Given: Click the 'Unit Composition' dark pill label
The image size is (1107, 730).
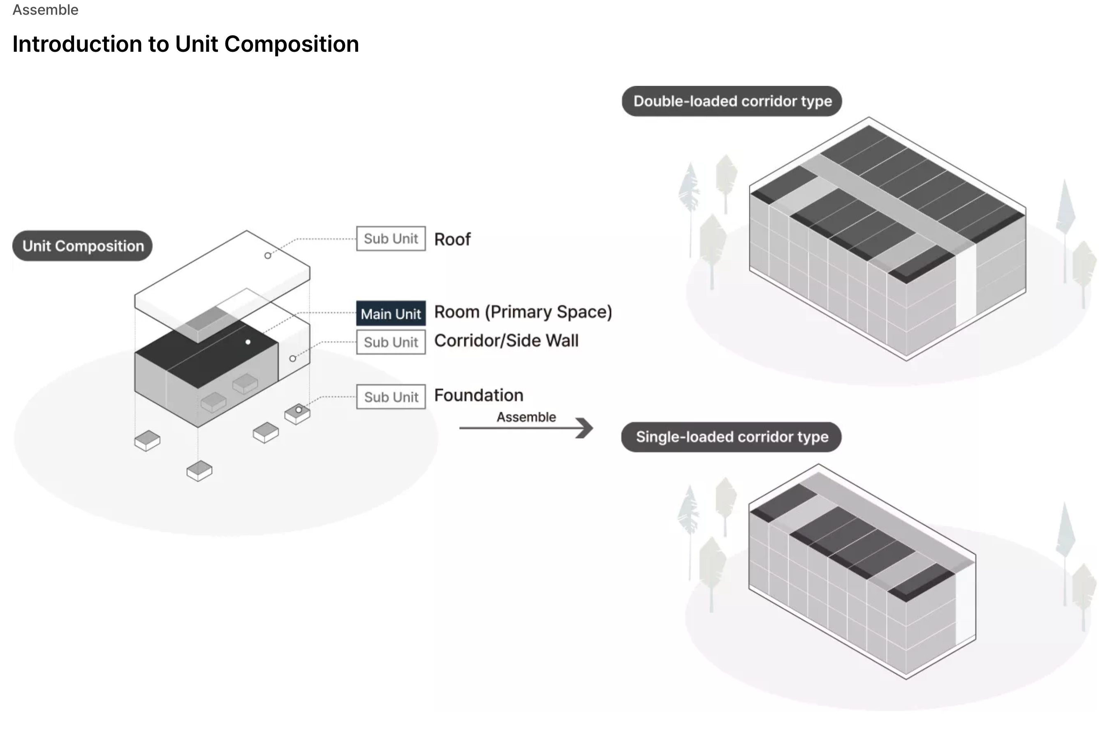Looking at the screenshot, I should (82, 246).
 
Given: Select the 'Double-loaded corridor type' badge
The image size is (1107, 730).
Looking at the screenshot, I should (732, 101).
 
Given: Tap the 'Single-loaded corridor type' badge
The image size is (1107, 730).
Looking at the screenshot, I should (731, 437).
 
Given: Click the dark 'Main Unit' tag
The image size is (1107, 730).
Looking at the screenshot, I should (391, 313).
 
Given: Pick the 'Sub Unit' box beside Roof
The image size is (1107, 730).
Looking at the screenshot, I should (391, 238).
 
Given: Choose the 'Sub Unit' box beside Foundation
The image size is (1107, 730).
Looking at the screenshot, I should (391, 397).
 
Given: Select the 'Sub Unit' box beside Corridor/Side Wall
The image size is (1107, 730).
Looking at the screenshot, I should (391, 342).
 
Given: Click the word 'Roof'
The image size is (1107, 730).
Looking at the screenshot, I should (452, 239).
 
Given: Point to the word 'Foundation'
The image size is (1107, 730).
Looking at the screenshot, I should (479, 395).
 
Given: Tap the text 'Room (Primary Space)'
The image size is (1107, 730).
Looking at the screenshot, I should (523, 312).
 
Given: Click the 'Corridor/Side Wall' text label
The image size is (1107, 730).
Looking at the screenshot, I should (506, 341).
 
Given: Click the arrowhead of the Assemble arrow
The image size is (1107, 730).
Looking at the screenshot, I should (586, 428).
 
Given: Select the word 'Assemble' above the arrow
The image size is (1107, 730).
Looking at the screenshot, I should (526, 417).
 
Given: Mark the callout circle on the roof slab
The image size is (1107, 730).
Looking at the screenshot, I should (268, 256).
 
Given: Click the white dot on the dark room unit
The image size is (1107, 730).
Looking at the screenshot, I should (248, 342).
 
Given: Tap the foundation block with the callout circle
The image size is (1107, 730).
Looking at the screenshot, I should (298, 414).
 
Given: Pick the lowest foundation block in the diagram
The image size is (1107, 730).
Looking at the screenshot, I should (199, 470).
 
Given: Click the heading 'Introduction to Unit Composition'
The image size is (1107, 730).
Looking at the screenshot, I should (185, 44).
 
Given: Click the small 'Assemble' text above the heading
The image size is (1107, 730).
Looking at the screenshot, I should (45, 10).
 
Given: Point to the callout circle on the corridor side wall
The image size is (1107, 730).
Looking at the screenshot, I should (292, 358).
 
